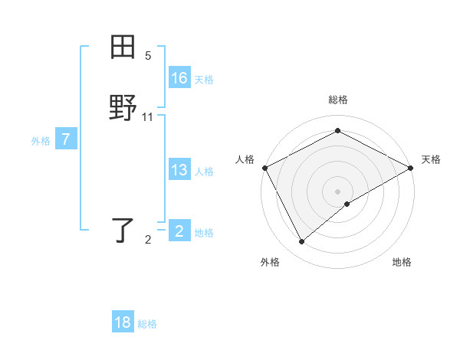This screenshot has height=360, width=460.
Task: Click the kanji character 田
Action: pyautogui.click(x=123, y=47)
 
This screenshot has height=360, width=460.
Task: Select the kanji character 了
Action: pyautogui.click(x=123, y=230)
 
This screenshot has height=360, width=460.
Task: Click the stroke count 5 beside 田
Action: pyautogui.click(x=148, y=56)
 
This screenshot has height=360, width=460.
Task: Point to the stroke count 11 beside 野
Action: pyautogui.click(x=148, y=116)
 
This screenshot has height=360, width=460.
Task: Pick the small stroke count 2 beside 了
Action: pyautogui.click(x=148, y=240)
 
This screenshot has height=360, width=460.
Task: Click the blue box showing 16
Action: pyautogui.click(x=179, y=78)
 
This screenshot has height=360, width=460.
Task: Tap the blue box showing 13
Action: pyautogui.click(x=179, y=170)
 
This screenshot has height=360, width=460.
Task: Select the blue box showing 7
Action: pyautogui.click(x=66, y=139)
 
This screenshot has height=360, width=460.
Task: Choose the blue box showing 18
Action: pyautogui.click(x=123, y=322)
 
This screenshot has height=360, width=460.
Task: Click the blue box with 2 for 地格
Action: pyautogui.click(x=179, y=231)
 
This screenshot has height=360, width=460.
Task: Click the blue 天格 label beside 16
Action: pyautogui.click(x=204, y=80)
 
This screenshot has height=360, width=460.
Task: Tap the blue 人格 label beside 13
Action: pyautogui.click(x=204, y=172)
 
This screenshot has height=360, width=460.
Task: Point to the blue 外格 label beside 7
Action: pyautogui.click(x=41, y=141)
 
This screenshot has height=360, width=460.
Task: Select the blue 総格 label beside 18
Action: pyautogui.click(x=147, y=324)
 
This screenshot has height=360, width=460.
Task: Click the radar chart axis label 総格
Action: pyautogui.click(x=337, y=100)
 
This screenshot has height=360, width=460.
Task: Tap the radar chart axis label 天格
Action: pyautogui.click(x=431, y=159)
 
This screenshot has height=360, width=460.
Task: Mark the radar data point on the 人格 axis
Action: pyautogui.click(x=264, y=168)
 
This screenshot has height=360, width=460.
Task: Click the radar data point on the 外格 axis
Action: pyautogui.click(x=302, y=242)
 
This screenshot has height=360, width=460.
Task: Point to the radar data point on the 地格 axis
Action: pyautogui.click(x=348, y=204)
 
